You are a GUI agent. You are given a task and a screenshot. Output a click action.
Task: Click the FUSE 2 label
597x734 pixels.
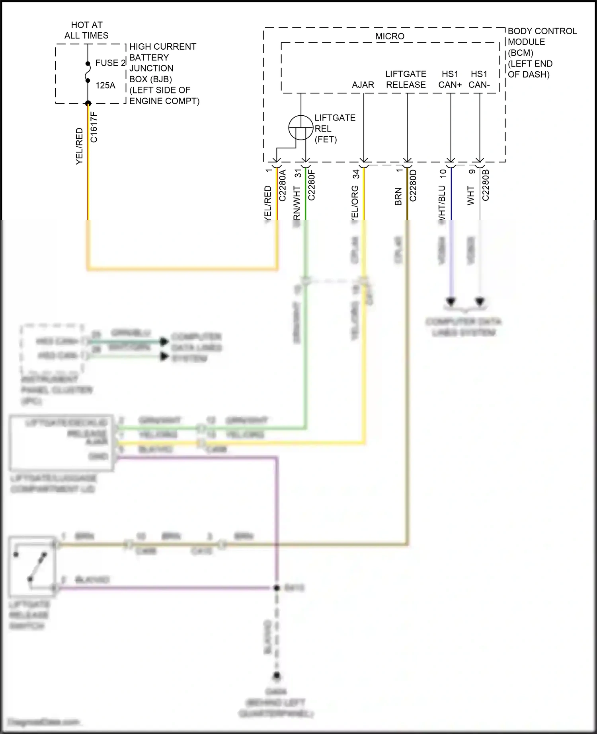[x=110, y=63]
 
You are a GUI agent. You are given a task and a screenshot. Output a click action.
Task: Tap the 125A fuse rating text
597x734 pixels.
[x=105, y=85]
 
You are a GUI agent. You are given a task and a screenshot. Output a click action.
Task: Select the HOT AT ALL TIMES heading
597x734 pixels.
[x=86, y=30]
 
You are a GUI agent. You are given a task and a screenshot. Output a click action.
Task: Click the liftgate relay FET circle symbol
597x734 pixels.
[x=300, y=128]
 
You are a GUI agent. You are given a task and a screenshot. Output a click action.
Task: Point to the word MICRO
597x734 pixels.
[x=390, y=36]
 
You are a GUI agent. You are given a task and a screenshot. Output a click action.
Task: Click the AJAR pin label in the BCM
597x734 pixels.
[x=363, y=85]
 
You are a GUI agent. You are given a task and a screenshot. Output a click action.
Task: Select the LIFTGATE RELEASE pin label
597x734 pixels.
[x=406, y=80]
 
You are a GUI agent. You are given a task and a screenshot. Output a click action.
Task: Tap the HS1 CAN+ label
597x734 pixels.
[x=450, y=80]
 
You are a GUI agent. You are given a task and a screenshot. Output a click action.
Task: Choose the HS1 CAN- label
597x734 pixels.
[x=479, y=80]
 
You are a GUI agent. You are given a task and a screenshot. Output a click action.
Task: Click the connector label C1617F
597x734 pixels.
[x=94, y=127]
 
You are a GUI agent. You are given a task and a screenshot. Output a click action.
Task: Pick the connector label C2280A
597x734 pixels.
[x=283, y=185]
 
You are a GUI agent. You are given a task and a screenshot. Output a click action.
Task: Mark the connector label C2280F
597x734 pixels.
[x=312, y=185]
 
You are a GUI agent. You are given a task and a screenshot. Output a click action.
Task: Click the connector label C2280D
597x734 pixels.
[x=413, y=185]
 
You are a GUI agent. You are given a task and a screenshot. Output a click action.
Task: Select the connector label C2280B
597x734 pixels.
[x=486, y=185]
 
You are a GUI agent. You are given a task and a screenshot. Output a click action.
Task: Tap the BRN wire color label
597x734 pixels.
[x=398, y=197]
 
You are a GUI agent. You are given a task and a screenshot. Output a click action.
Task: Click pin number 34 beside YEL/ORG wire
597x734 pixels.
[x=356, y=174]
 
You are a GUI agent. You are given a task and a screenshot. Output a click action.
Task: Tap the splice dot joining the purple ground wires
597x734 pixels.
[x=277, y=588]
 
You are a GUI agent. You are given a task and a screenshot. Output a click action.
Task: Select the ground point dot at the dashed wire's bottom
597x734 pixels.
[x=277, y=675]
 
